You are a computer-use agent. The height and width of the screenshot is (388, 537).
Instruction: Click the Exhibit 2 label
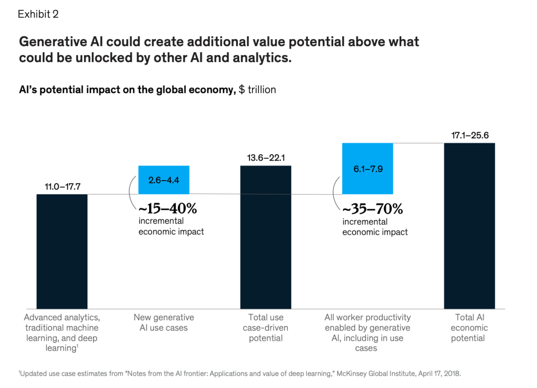[x=38, y=14]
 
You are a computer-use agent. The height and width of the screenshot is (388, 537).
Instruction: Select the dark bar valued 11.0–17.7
[x=62, y=251]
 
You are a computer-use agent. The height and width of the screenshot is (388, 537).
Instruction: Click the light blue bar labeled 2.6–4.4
[x=164, y=179]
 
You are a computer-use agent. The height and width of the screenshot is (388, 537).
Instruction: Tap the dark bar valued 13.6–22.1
[x=266, y=237]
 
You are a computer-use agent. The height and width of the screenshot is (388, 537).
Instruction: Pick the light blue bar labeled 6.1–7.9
[x=367, y=168]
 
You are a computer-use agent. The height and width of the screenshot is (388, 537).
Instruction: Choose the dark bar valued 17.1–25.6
[x=469, y=226]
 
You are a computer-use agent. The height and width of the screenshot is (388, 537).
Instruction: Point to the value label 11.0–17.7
[x=62, y=187]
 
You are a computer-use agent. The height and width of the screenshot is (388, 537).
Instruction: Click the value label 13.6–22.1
[x=266, y=158]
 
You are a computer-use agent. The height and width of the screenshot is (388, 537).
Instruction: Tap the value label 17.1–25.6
[x=469, y=136]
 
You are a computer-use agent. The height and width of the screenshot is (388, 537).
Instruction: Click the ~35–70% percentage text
[x=372, y=208]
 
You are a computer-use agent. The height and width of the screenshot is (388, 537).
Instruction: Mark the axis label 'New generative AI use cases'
[x=164, y=322]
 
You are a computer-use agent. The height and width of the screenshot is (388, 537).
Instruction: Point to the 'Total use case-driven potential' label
[x=266, y=327]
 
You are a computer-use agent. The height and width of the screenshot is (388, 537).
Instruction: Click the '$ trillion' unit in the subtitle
[x=258, y=90]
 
